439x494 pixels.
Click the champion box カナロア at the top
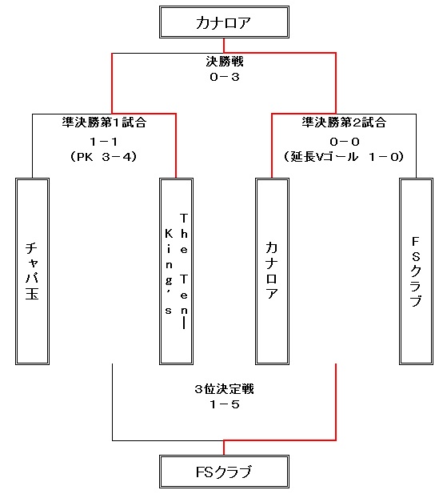click(x=224, y=22)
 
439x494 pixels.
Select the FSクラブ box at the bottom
click(x=224, y=472)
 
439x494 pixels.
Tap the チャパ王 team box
click(x=33, y=271)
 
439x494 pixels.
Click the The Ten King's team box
click(x=176, y=271)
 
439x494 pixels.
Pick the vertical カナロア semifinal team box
click(x=272, y=271)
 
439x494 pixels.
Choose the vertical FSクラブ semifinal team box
click(x=416, y=271)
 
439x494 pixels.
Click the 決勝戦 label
click(x=225, y=62)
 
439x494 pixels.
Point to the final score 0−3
click(x=225, y=77)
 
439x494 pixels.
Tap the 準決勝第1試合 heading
click(x=104, y=122)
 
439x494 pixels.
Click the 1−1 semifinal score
click(x=104, y=142)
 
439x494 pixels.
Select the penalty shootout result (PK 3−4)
click(x=103, y=157)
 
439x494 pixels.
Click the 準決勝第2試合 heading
click(x=344, y=122)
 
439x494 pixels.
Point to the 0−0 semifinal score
click(x=345, y=142)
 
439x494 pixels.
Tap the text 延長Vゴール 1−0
click(x=344, y=157)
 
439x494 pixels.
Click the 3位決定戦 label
click(x=224, y=389)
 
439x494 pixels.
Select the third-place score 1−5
click(x=225, y=404)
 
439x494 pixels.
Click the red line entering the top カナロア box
click(x=224, y=46)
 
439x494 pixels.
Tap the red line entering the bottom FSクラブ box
click(x=224, y=448)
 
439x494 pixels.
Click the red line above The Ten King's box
click(x=176, y=146)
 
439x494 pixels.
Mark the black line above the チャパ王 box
click(x=33, y=146)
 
